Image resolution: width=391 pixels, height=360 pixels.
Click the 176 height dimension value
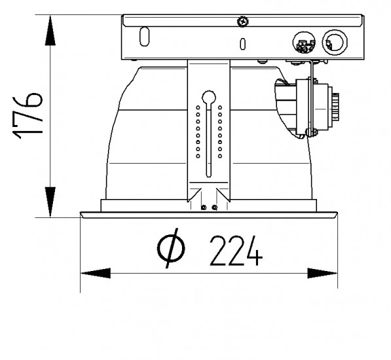(28, 116)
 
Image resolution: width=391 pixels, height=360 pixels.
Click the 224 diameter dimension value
(236, 251)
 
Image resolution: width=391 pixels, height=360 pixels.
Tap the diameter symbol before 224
(172, 248)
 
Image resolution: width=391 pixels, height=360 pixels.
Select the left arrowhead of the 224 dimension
(96, 274)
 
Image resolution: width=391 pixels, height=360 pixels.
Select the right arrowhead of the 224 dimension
(322, 274)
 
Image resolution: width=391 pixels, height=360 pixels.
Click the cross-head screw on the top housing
(243, 21)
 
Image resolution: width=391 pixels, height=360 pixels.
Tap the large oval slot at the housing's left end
(144, 37)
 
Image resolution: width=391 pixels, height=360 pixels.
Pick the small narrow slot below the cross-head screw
(242, 44)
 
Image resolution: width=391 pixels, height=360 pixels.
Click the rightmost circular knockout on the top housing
(335, 43)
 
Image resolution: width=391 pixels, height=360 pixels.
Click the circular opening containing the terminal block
(304, 43)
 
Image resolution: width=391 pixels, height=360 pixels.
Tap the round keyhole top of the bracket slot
(209, 97)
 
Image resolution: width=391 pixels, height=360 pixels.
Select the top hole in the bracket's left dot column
(198, 107)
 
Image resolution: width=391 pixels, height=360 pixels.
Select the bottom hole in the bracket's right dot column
(220, 156)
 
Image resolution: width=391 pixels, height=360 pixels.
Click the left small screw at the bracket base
(204, 207)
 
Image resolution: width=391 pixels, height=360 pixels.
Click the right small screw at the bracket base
(214, 207)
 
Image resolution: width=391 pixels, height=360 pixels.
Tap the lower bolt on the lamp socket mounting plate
(311, 132)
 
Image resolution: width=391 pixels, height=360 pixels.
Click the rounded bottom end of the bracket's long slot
(209, 175)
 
